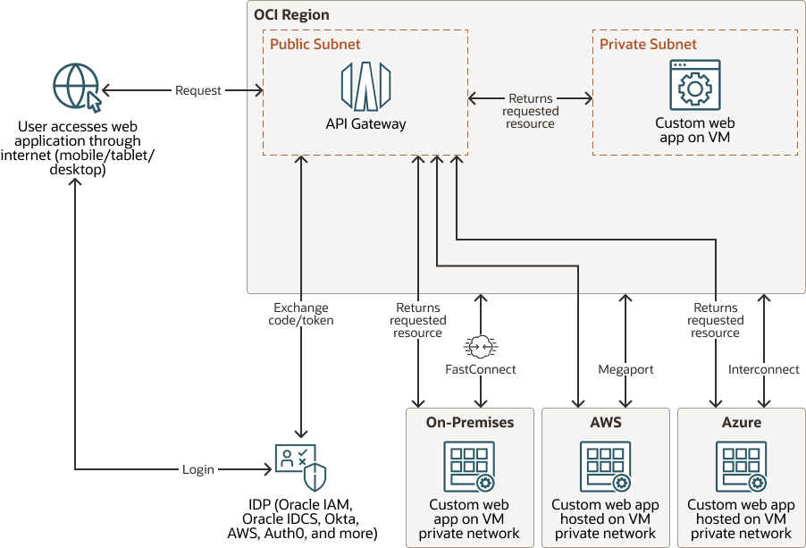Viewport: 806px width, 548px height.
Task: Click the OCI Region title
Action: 291,15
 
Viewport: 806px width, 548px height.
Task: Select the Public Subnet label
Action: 315,44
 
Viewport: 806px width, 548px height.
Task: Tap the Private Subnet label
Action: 648,44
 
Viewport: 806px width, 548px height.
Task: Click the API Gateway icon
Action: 365,86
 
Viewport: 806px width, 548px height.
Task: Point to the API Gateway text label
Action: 365,124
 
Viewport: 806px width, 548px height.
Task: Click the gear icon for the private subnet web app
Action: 694,86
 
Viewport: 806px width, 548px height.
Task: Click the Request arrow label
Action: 198,90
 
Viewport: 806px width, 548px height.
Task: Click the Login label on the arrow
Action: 198,468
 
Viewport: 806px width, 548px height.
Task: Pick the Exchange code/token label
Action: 303,314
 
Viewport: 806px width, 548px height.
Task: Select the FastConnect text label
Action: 481,368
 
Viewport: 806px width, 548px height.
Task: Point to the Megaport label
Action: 625,368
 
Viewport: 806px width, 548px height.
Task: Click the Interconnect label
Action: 763,368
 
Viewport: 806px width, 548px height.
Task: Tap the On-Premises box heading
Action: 470,422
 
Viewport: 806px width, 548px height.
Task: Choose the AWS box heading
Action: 606,422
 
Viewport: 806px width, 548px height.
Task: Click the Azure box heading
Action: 742,422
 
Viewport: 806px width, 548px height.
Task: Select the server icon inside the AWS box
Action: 606,467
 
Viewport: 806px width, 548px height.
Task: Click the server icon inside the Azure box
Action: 742,467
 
